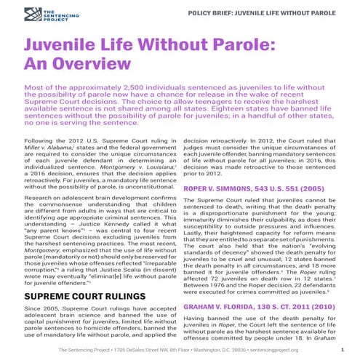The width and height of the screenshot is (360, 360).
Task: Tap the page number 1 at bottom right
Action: [341, 350]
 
